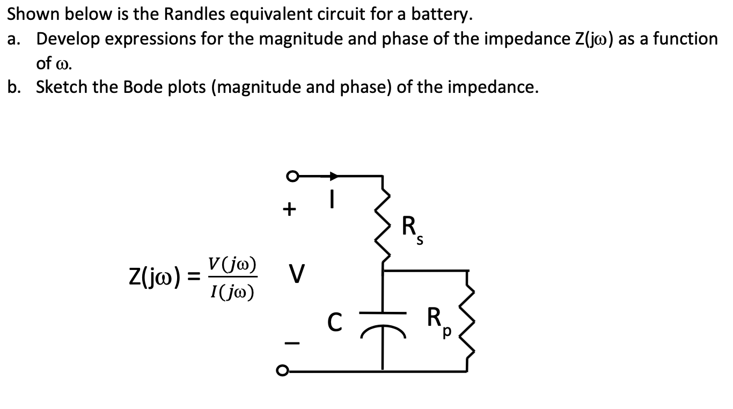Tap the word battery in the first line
(x=441, y=14)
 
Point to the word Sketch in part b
(x=61, y=87)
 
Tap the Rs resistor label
(x=413, y=228)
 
